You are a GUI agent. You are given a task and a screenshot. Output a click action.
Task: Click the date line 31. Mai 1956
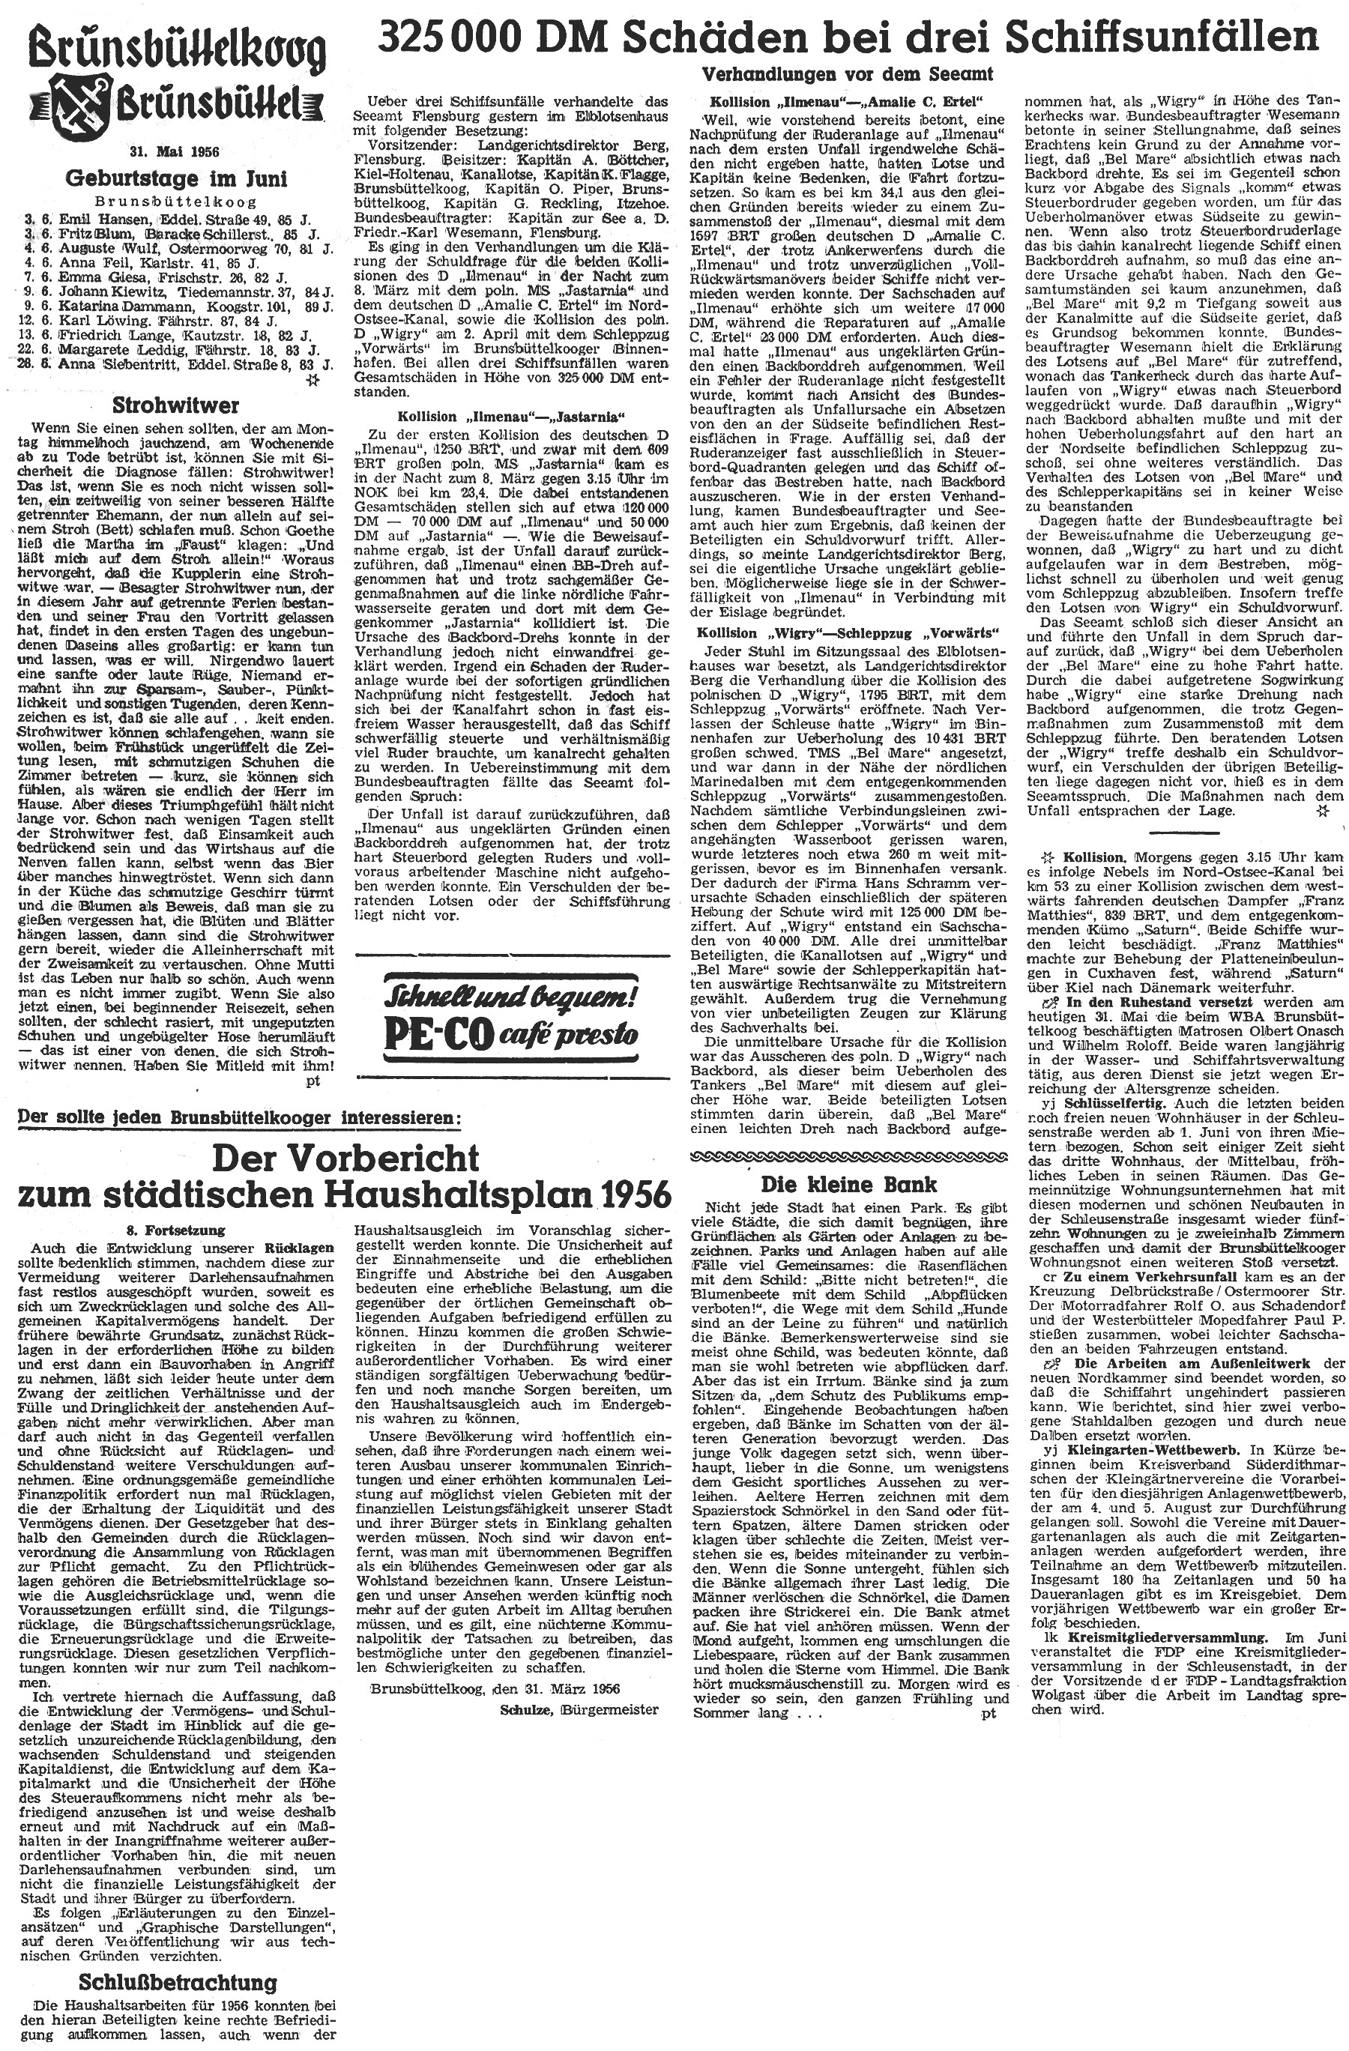pos(171,151)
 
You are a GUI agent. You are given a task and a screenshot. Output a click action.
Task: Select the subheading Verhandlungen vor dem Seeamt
pos(848,74)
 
